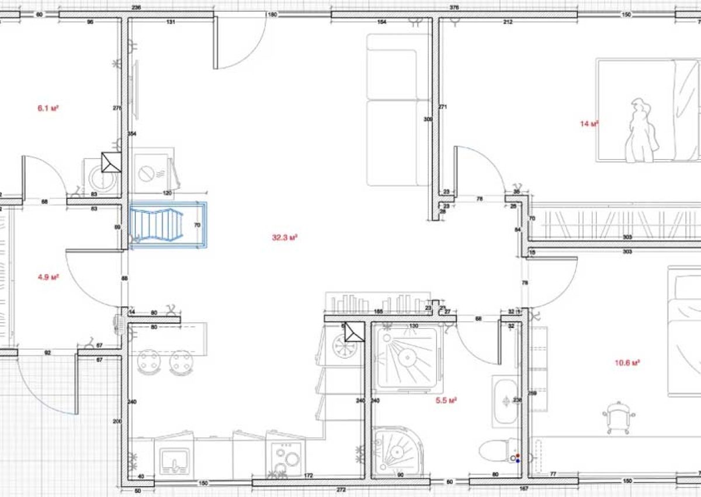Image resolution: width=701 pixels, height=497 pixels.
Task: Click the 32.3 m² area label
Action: [285, 237]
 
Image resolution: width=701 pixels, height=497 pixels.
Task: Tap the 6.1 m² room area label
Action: [48, 108]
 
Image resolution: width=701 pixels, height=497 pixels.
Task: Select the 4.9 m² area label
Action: [48, 277]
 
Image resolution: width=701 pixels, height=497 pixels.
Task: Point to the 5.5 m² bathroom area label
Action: [446, 401]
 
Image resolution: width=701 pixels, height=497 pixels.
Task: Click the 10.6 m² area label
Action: [627, 363]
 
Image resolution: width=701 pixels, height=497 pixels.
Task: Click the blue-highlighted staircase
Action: [168, 226]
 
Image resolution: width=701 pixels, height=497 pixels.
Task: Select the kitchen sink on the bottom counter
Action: [174, 460]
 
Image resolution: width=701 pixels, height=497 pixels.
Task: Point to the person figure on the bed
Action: [640, 132]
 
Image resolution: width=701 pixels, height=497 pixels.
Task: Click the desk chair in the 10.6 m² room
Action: [618, 417]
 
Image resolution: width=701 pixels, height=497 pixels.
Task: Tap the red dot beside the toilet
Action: [518, 455]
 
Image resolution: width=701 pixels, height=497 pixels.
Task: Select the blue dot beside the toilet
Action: [518, 461]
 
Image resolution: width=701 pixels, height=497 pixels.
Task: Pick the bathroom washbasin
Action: [504, 402]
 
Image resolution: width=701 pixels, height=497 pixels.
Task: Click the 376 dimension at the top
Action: [454, 8]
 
